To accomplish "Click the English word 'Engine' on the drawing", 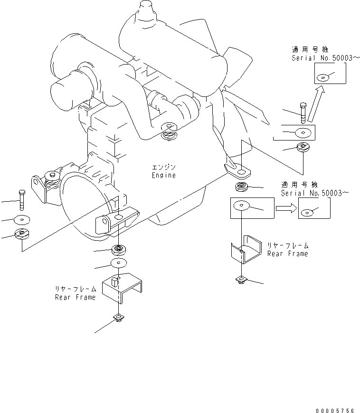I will coord(164,175).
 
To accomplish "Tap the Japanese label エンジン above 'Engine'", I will coord(164,168).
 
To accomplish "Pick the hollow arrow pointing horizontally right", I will coord(285,207).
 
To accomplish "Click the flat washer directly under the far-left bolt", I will coord(21,220).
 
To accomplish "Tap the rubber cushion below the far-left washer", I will coord(22,234).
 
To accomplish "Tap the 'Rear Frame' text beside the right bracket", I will coord(287,253).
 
